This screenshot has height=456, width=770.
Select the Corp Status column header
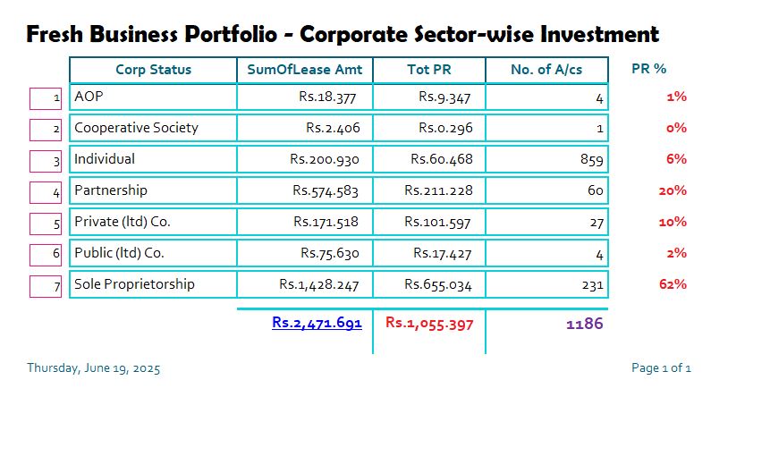click(x=153, y=70)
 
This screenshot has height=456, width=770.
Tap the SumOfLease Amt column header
click(x=304, y=70)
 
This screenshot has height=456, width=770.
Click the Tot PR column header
click(x=429, y=70)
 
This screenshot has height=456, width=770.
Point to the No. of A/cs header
click(x=546, y=70)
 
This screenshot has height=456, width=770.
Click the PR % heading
click(x=648, y=69)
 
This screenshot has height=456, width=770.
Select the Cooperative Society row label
click(x=136, y=128)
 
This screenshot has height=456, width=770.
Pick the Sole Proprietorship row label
click(x=134, y=284)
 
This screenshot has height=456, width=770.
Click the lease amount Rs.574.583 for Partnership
click(x=326, y=190)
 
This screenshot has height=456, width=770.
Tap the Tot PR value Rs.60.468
click(x=442, y=159)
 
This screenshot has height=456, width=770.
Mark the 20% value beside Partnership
click(x=672, y=190)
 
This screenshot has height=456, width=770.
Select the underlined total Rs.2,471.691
click(x=317, y=323)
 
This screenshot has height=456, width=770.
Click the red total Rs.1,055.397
click(x=429, y=323)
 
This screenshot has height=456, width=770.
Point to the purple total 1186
click(x=585, y=324)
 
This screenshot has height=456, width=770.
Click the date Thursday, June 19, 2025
click(x=94, y=367)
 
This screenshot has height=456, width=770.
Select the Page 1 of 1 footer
click(x=661, y=367)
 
